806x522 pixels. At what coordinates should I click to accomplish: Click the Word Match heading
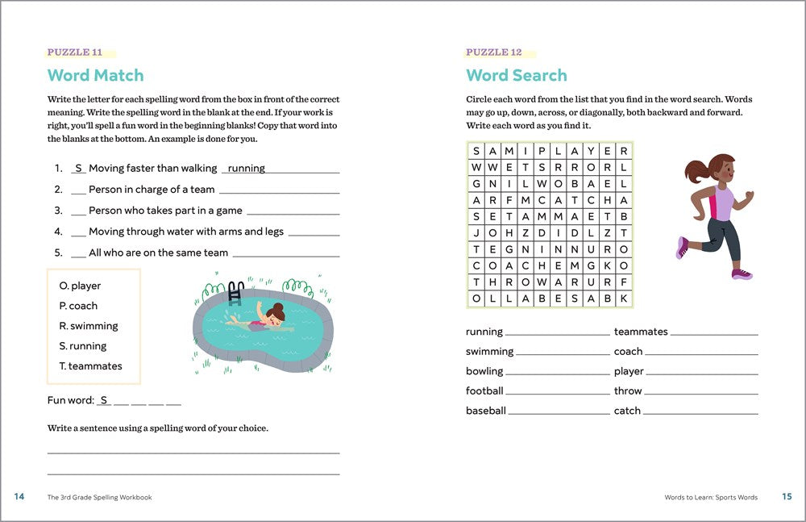pos(95,76)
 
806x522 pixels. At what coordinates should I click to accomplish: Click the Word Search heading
pos(517,76)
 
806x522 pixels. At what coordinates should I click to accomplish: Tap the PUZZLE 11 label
pos(74,52)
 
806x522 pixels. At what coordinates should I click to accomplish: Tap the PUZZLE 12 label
pos(493,52)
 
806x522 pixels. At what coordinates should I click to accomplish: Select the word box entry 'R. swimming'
pos(88,326)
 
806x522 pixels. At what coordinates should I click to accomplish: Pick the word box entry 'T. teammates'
pos(90,366)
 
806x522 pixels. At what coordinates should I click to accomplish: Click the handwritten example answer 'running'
pos(247,169)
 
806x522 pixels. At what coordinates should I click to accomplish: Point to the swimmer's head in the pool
pos(277,313)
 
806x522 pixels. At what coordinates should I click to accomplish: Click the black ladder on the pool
pos(236,291)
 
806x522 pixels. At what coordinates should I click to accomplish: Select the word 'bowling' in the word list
pos(484,371)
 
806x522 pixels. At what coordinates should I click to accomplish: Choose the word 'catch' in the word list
pos(627,411)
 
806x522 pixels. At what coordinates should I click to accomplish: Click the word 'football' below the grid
pos(484,391)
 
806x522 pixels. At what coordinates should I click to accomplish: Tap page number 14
pos(19,497)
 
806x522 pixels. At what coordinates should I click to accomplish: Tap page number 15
pos(787,497)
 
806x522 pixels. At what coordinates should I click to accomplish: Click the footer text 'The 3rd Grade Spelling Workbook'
pos(99,498)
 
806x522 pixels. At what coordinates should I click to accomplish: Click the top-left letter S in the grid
pos(476,151)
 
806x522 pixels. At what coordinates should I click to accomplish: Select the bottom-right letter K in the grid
pos(624,299)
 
